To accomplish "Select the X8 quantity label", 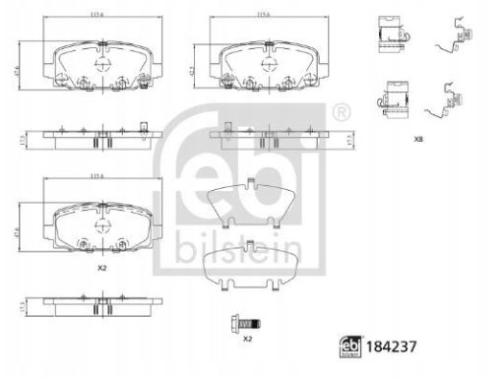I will click(x=420, y=140).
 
